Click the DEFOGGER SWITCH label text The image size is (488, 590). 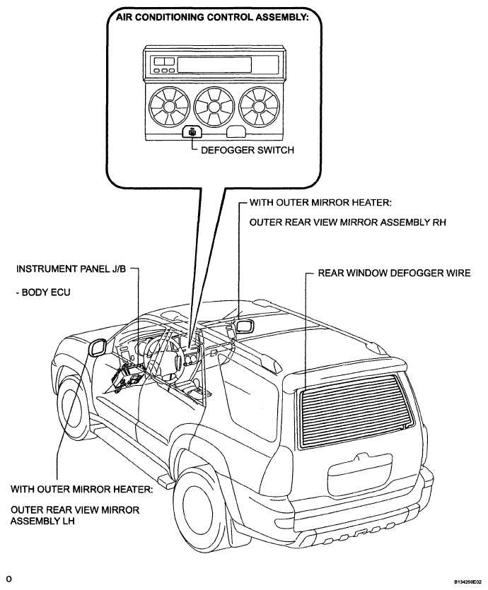tap(248, 150)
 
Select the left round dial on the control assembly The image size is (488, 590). tap(169, 106)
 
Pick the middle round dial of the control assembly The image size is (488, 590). tap(214, 106)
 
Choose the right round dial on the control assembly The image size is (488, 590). tap(259, 106)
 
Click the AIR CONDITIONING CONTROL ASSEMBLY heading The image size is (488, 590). tap(212, 17)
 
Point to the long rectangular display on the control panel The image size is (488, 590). tap(214, 64)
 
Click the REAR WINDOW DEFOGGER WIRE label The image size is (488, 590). tap(394, 273)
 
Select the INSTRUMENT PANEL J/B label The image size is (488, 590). tap(71, 269)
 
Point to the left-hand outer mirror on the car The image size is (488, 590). tap(97, 347)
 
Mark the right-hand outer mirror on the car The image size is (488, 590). tap(245, 326)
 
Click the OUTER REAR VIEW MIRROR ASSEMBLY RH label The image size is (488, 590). tap(348, 223)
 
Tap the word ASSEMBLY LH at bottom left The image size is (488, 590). tap(42, 521)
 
